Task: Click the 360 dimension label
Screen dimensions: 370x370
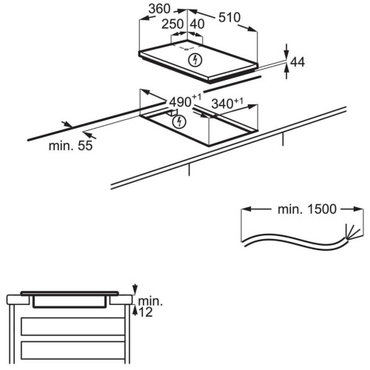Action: (160, 9)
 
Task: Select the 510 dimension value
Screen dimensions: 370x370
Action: (229, 18)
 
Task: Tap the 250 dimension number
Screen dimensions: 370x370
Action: (172, 24)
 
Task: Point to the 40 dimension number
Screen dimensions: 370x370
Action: (198, 24)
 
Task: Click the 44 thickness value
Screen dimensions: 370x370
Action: (297, 62)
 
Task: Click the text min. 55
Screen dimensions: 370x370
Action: (71, 146)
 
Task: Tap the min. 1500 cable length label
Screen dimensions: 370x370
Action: (307, 209)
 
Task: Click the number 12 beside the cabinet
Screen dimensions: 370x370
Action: (146, 312)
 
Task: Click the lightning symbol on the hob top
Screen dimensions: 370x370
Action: (195, 60)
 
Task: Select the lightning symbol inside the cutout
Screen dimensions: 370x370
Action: (179, 121)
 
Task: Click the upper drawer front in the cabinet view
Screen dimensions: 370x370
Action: (73, 326)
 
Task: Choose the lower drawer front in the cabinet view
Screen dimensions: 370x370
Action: (73, 350)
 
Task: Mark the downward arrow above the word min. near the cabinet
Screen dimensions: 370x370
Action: (135, 289)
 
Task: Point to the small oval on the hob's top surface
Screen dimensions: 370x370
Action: (185, 49)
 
